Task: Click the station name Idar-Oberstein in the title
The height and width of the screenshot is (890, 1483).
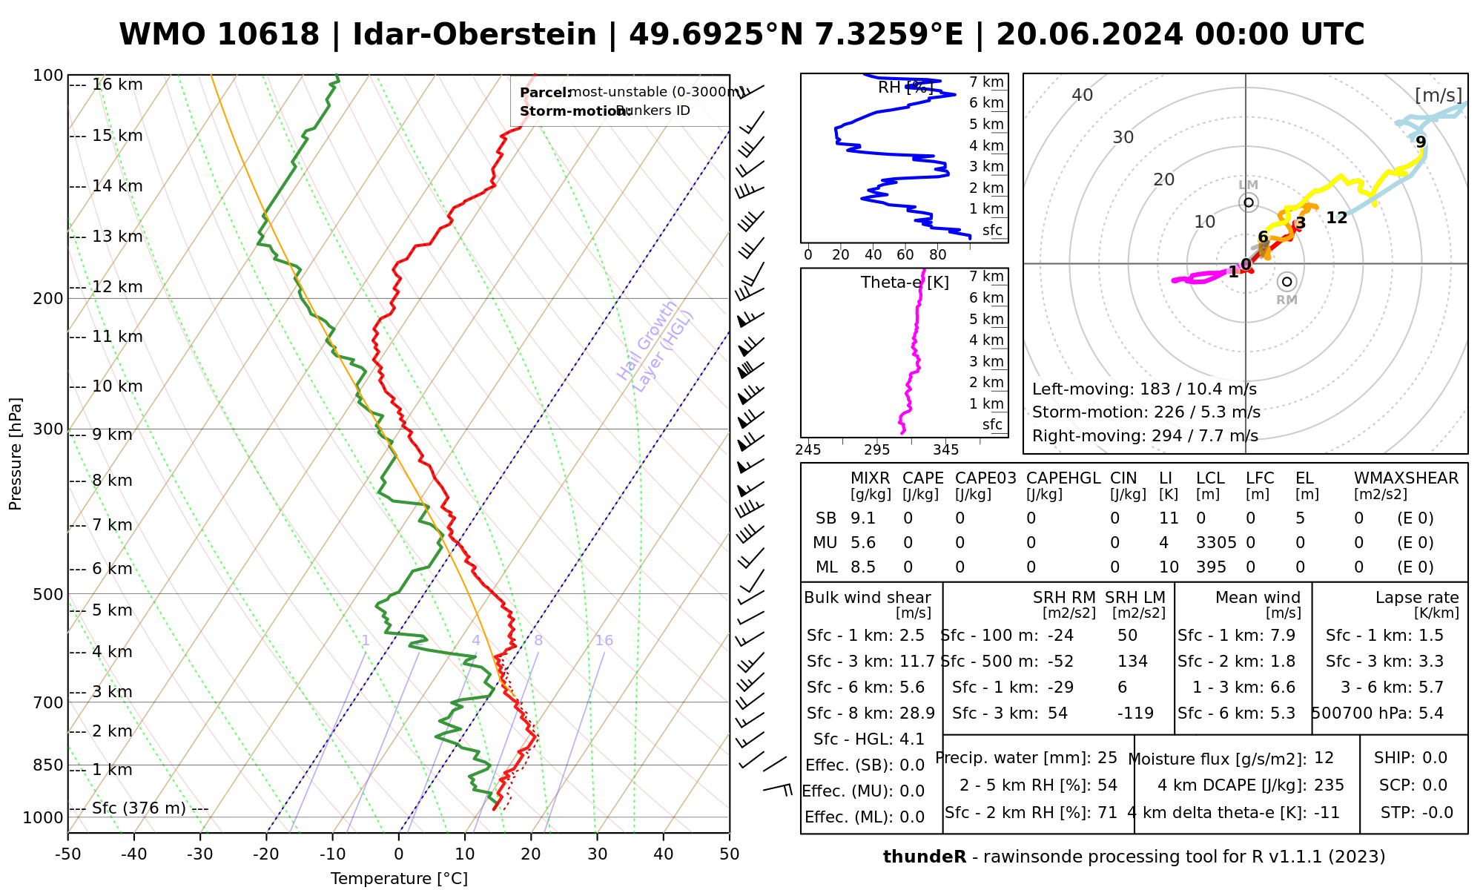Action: pos(475,35)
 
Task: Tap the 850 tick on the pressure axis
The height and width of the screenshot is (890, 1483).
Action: pos(49,765)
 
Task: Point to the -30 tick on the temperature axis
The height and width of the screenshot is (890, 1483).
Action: pos(200,854)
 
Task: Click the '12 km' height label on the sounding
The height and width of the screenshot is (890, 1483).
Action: pos(117,287)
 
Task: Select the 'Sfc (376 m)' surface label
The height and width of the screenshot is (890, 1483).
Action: pos(139,808)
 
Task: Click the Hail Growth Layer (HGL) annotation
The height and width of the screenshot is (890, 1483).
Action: pos(655,346)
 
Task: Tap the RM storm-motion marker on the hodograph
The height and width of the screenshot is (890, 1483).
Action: pos(1287,282)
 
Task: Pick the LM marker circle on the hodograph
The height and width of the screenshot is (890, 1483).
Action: pos(1249,202)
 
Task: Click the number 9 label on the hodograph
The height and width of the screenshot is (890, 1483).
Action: pos(1420,142)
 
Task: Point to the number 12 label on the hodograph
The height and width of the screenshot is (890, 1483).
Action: pos(1336,218)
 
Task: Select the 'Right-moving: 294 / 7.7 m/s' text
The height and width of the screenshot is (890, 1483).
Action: pos(1145,436)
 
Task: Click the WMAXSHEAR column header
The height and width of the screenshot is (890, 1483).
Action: pos(1406,478)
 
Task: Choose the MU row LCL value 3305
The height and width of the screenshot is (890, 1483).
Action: pos(1216,543)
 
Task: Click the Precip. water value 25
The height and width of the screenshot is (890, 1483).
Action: pos(1107,758)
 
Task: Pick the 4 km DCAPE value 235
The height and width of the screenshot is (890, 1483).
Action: pos(1329,785)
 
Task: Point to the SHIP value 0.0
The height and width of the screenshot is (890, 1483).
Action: pos(1434,758)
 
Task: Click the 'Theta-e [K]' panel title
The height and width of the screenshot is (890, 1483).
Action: pos(905,283)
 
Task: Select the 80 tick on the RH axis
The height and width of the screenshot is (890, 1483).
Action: pos(938,255)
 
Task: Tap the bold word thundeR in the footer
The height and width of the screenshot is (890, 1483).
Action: pos(924,857)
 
